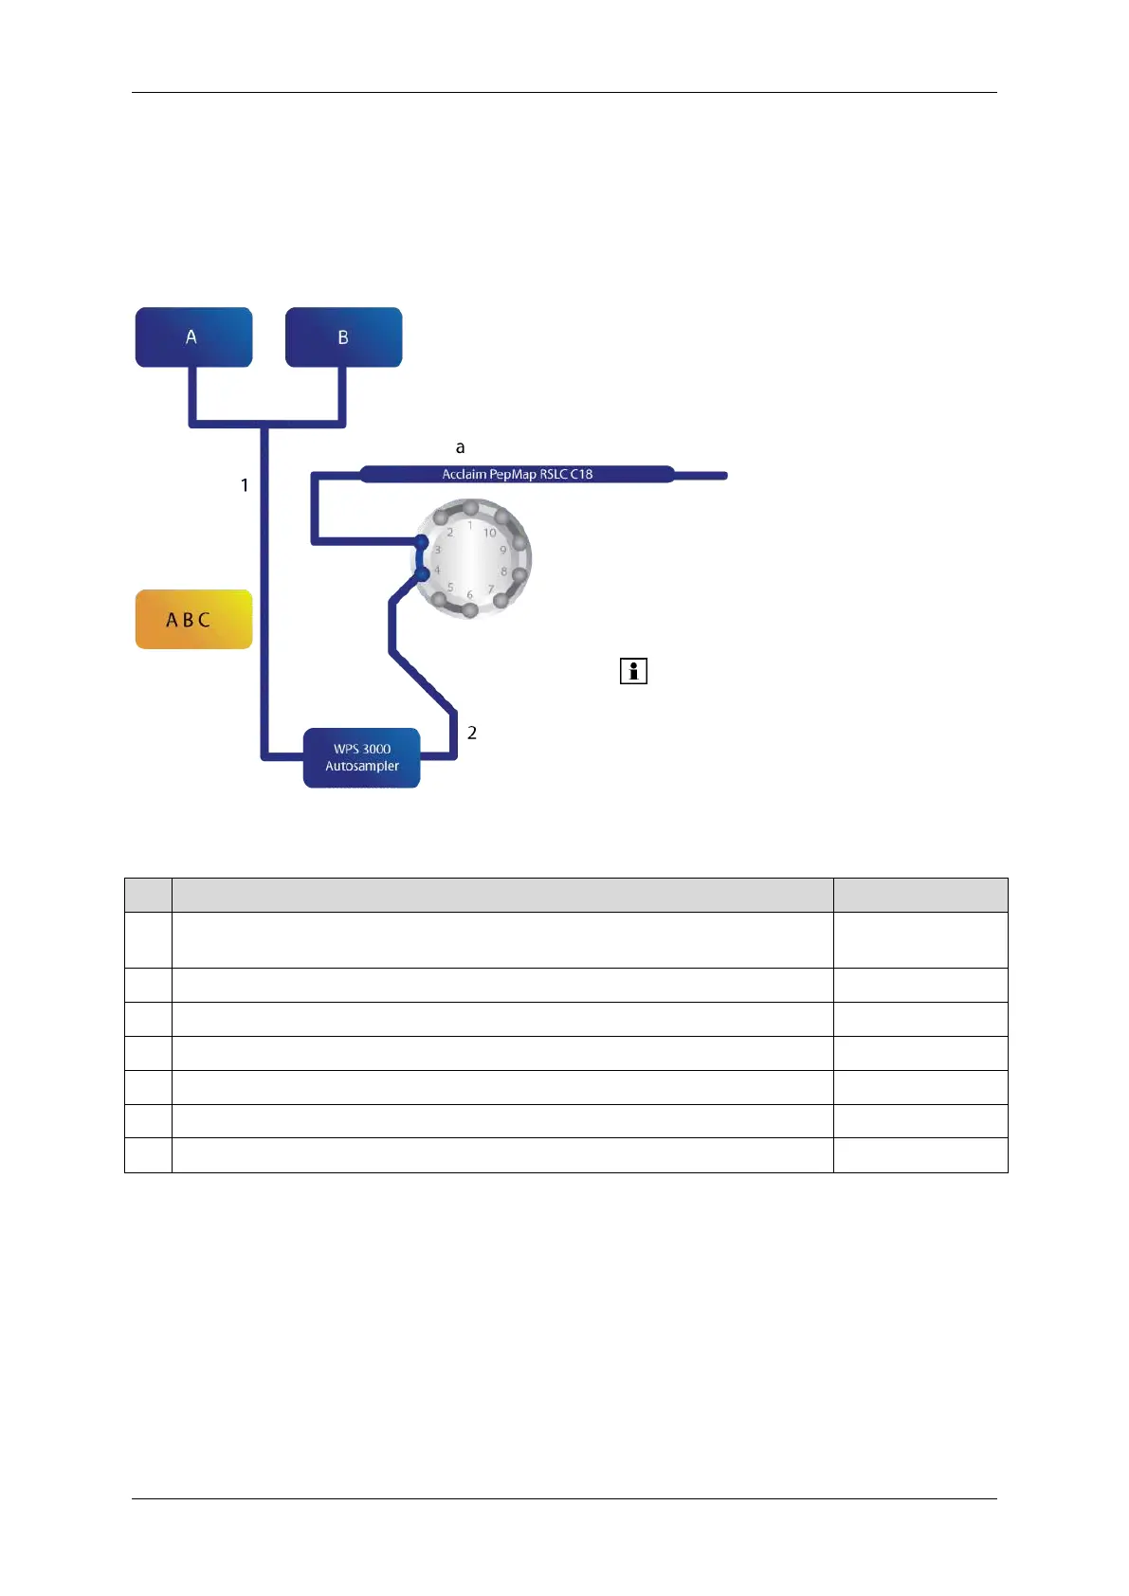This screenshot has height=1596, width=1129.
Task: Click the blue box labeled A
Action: pos(193,336)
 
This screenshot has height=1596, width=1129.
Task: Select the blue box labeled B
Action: pos(343,336)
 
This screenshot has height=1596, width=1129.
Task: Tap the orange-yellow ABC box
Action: pos(193,619)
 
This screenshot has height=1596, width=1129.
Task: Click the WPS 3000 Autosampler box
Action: pos(361,757)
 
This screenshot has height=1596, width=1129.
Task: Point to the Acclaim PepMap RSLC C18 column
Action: pos(517,474)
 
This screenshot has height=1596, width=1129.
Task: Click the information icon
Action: pos(633,671)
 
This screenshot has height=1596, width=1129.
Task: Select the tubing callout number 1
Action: pos(245,485)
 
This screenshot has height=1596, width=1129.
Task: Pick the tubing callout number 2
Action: pos(472,733)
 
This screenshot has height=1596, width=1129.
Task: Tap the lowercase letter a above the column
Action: pos(461,447)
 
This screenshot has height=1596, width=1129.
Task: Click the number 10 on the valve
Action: pos(490,533)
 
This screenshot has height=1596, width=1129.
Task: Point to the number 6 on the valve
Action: pos(469,594)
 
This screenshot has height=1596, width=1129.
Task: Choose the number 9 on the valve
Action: pos(503,550)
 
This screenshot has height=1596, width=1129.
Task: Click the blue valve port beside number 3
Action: pos(422,541)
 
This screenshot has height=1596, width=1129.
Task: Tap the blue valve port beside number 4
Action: pos(423,573)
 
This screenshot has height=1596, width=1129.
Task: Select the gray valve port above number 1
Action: pos(470,509)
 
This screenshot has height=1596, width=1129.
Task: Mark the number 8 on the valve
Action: pos(504,571)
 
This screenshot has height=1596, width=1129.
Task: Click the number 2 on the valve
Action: pos(450,533)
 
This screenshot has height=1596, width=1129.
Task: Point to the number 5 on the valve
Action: pos(450,588)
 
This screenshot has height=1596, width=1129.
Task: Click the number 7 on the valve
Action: pos(491,589)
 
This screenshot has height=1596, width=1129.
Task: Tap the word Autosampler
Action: pos(362,766)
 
